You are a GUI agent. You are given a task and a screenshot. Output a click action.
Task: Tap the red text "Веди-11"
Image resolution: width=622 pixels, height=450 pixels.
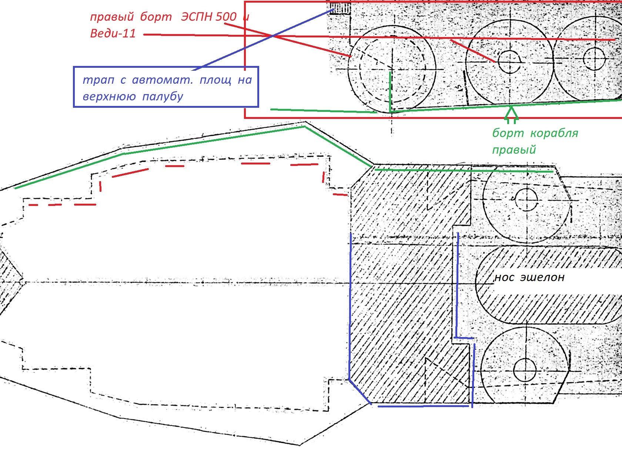click(113, 34)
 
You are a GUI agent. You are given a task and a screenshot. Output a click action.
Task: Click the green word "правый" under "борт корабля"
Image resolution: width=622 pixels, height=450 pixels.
click(514, 150)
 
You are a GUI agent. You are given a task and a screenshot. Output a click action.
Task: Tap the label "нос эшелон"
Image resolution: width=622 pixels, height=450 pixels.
click(529, 277)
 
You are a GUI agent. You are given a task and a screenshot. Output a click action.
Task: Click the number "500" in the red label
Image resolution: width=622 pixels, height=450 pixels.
click(226, 17)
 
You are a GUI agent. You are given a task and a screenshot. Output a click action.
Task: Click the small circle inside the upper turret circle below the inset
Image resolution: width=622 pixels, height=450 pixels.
click(526, 200)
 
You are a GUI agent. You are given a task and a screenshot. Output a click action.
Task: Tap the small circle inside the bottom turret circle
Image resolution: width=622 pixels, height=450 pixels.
click(524, 369)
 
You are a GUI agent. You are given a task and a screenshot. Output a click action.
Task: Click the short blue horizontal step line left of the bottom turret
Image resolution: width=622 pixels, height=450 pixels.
click(464, 338)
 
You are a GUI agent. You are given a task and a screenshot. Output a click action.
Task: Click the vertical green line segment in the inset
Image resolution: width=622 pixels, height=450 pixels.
click(390, 92)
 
